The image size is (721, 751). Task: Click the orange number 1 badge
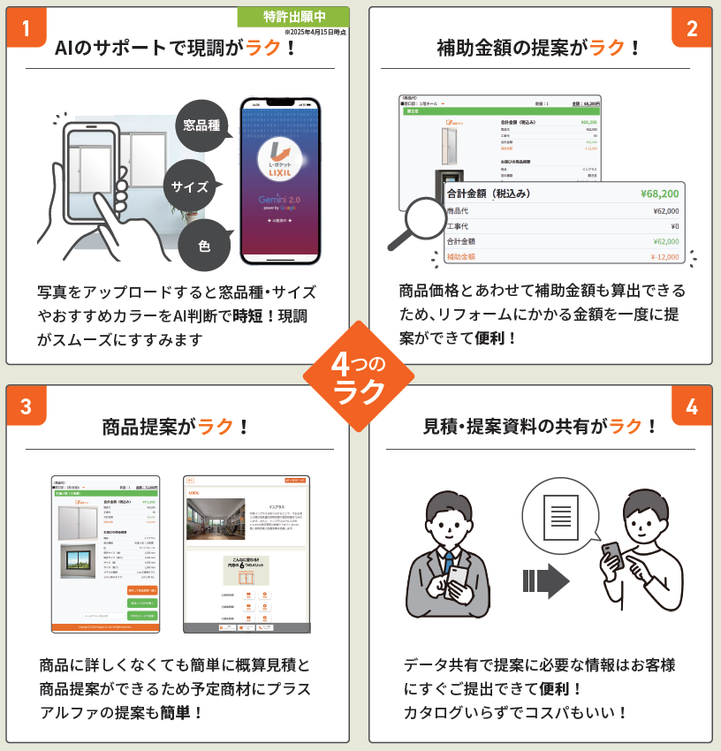point(26,27)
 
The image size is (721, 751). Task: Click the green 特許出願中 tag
point(293,16)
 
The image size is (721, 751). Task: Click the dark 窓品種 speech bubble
point(201,125)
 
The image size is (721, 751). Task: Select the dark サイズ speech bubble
point(189,186)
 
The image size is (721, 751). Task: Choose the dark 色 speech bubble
point(204,245)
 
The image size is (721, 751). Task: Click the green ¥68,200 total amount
point(659,193)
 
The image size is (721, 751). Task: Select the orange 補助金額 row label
point(461,256)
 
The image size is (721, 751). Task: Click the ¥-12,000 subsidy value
point(659,256)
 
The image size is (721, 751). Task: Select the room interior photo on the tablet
point(216,519)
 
